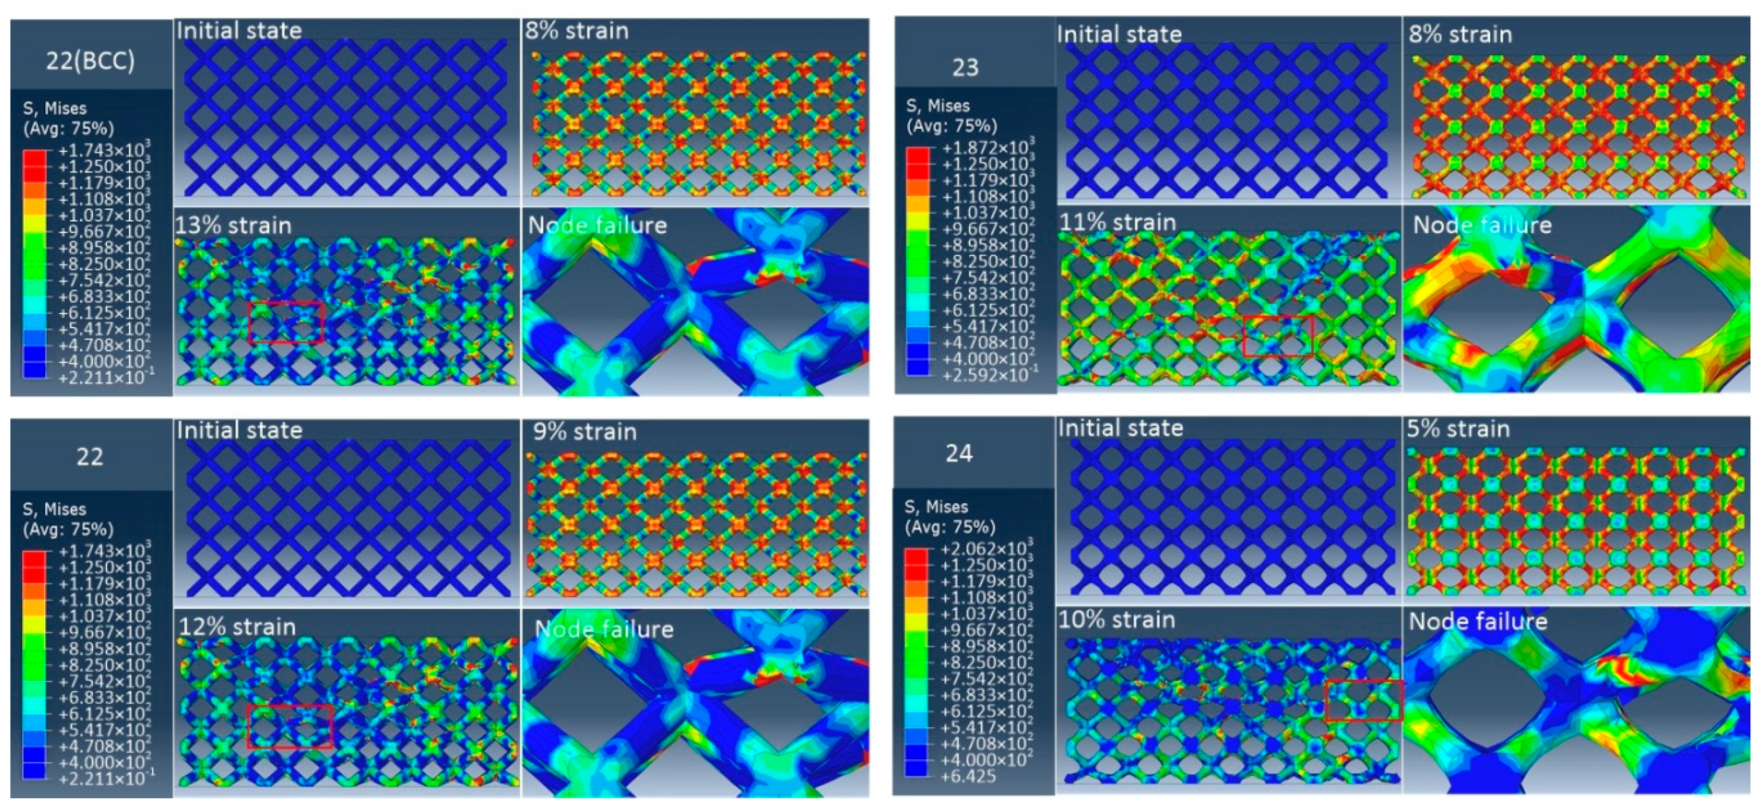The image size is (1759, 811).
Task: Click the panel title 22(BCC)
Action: click(x=90, y=61)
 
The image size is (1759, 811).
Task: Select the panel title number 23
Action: click(x=965, y=67)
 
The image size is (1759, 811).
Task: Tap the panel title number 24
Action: click(x=959, y=453)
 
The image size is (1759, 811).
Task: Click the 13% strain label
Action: click(x=233, y=225)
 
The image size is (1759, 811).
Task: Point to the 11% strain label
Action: click(x=1118, y=222)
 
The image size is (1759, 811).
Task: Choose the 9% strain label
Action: click(x=585, y=431)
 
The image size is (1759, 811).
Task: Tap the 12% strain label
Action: click(x=237, y=627)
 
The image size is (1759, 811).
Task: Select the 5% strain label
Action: click(x=1458, y=429)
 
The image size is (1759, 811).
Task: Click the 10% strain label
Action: click(x=1116, y=619)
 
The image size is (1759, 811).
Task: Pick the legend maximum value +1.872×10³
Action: click(x=988, y=148)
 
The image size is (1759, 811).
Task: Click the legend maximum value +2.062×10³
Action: click(x=986, y=549)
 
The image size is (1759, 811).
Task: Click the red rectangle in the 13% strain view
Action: click(x=285, y=322)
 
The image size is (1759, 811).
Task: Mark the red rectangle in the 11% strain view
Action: click(x=1278, y=336)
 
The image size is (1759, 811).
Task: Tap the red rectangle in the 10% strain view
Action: click(x=1364, y=700)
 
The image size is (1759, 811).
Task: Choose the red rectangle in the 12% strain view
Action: click(x=290, y=726)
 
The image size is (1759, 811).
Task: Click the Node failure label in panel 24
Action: click(x=1478, y=621)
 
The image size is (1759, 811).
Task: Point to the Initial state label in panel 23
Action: click(x=1119, y=34)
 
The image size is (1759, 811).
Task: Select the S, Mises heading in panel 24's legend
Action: click(x=936, y=506)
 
